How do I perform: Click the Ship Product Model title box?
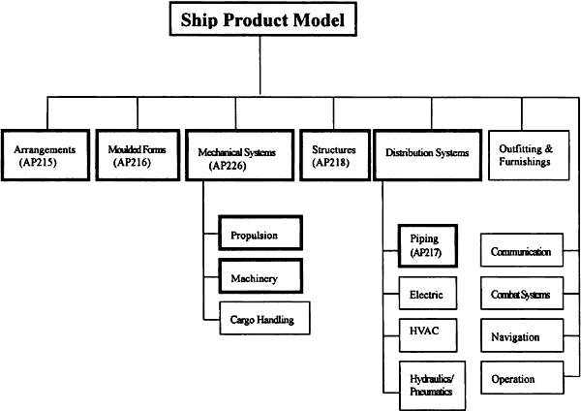(x=263, y=19)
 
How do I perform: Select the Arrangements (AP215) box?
(x=46, y=155)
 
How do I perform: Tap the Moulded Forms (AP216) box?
(x=138, y=155)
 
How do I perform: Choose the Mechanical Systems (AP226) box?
(x=240, y=155)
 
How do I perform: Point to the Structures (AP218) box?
(x=335, y=155)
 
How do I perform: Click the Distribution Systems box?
(x=428, y=155)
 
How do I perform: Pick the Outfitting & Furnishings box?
(x=529, y=155)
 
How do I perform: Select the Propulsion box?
(x=260, y=233)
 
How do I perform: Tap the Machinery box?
(x=260, y=276)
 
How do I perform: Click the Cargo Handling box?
(x=264, y=318)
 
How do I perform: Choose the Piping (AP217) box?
(x=428, y=245)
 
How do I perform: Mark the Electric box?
(x=428, y=293)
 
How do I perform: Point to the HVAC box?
(x=428, y=335)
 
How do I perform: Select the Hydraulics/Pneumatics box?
(x=433, y=386)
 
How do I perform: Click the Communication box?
(x=522, y=250)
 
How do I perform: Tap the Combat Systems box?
(x=522, y=293)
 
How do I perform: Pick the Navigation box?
(x=522, y=335)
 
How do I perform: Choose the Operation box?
(x=522, y=378)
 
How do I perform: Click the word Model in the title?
(x=319, y=19)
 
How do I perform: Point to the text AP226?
(x=228, y=166)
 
